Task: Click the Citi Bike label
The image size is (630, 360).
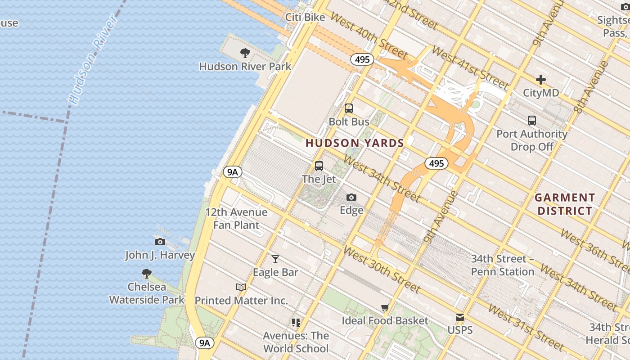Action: pos(305,17)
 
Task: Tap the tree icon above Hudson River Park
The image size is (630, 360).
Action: pos(245,53)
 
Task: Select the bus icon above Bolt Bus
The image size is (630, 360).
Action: pos(349,108)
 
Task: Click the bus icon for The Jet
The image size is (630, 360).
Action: pos(319,166)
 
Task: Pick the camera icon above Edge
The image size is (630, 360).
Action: pos(351,197)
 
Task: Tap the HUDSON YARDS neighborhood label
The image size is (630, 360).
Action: pos(355,144)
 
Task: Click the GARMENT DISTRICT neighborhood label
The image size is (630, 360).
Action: pos(565,204)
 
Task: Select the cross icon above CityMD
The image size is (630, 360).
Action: pos(541,80)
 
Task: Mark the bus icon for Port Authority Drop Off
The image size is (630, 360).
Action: pos(532,121)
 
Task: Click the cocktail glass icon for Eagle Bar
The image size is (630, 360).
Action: pos(275,259)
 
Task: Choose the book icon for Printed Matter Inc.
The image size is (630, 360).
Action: pos(241,287)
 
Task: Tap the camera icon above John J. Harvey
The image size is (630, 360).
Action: pos(160,242)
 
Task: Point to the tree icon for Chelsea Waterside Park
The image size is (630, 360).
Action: pos(146,273)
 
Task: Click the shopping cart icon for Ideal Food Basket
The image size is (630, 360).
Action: pos(385,308)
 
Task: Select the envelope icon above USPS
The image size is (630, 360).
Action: pos(460,317)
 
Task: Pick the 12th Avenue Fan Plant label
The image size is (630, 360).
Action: pos(236,219)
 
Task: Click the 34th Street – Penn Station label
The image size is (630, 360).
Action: pos(503,265)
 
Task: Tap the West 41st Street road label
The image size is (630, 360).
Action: pos(470,67)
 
